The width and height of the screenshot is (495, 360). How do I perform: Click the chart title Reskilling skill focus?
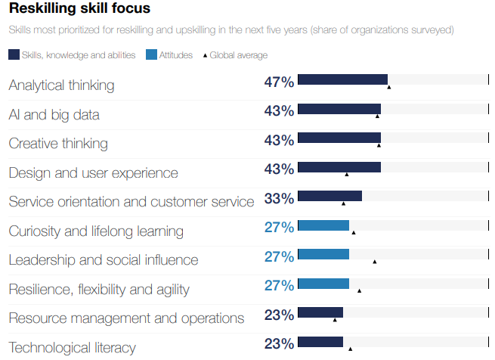[x=79, y=9]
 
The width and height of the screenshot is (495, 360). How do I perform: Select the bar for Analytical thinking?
[x=342, y=79]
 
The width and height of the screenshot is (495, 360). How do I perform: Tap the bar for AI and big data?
[x=339, y=109]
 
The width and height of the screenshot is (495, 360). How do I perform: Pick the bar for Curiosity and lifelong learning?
[x=323, y=225]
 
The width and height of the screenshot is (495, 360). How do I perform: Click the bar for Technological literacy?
[x=320, y=342]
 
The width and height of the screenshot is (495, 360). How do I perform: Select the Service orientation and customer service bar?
[x=329, y=196]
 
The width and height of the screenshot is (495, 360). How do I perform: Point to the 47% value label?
[x=279, y=82]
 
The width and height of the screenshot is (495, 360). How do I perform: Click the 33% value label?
[x=279, y=198]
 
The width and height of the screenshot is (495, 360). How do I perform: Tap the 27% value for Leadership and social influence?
[x=279, y=256]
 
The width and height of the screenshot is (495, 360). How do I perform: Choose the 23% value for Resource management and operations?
[x=279, y=315]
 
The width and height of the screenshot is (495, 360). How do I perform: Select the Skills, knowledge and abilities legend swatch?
[x=14, y=55]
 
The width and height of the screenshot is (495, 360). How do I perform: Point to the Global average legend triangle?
[x=205, y=56]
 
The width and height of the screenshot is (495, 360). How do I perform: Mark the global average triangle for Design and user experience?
[x=347, y=175]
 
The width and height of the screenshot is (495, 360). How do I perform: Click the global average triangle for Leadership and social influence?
[x=375, y=262]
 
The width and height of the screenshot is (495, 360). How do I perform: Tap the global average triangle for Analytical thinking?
[x=389, y=88]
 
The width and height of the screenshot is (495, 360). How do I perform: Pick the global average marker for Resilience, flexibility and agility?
[x=359, y=290]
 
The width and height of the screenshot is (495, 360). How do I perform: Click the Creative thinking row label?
[x=58, y=144]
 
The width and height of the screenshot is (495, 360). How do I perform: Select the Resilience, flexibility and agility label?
[x=99, y=290]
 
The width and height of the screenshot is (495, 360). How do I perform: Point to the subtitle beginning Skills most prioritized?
[x=231, y=30]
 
